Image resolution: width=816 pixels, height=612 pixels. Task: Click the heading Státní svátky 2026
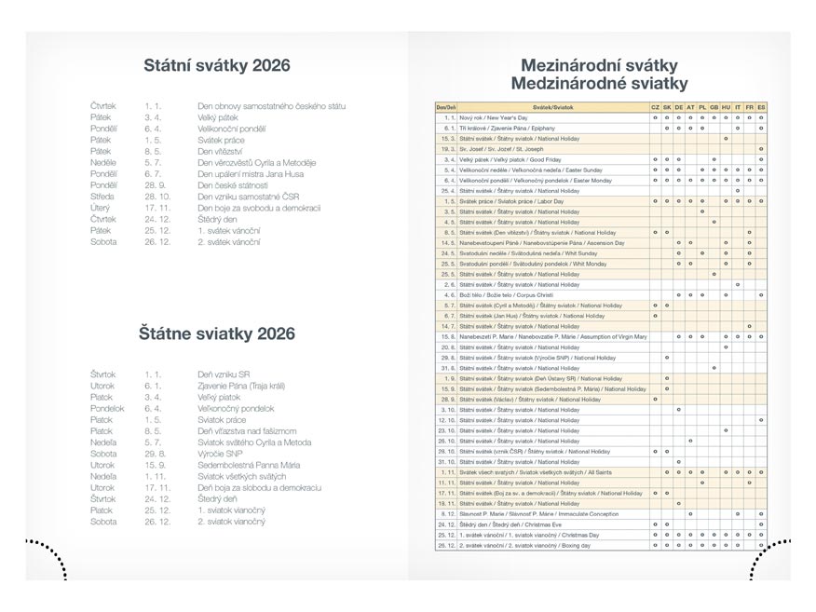(x=217, y=65)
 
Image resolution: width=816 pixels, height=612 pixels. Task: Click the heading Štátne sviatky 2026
(x=217, y=333)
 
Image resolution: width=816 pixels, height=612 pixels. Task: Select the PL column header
(x=701, y=108)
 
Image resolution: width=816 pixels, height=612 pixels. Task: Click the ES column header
(x=761, y=108)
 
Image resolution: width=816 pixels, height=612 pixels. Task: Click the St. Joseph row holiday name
(x=502, y=149)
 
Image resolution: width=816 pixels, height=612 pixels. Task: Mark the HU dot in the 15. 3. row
(x=726, y=139)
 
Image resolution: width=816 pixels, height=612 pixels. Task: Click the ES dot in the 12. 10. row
(x=761, y=419)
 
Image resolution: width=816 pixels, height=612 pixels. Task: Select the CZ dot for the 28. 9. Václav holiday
(x=655, y=399)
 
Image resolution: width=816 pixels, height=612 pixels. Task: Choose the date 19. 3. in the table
(x=447, y=149)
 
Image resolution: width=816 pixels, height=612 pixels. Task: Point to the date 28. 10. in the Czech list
(x=158, y=197)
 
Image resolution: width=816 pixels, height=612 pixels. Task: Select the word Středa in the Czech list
(x=103, y=197)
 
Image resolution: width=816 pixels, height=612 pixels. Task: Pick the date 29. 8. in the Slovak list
(x=155, y=454)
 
